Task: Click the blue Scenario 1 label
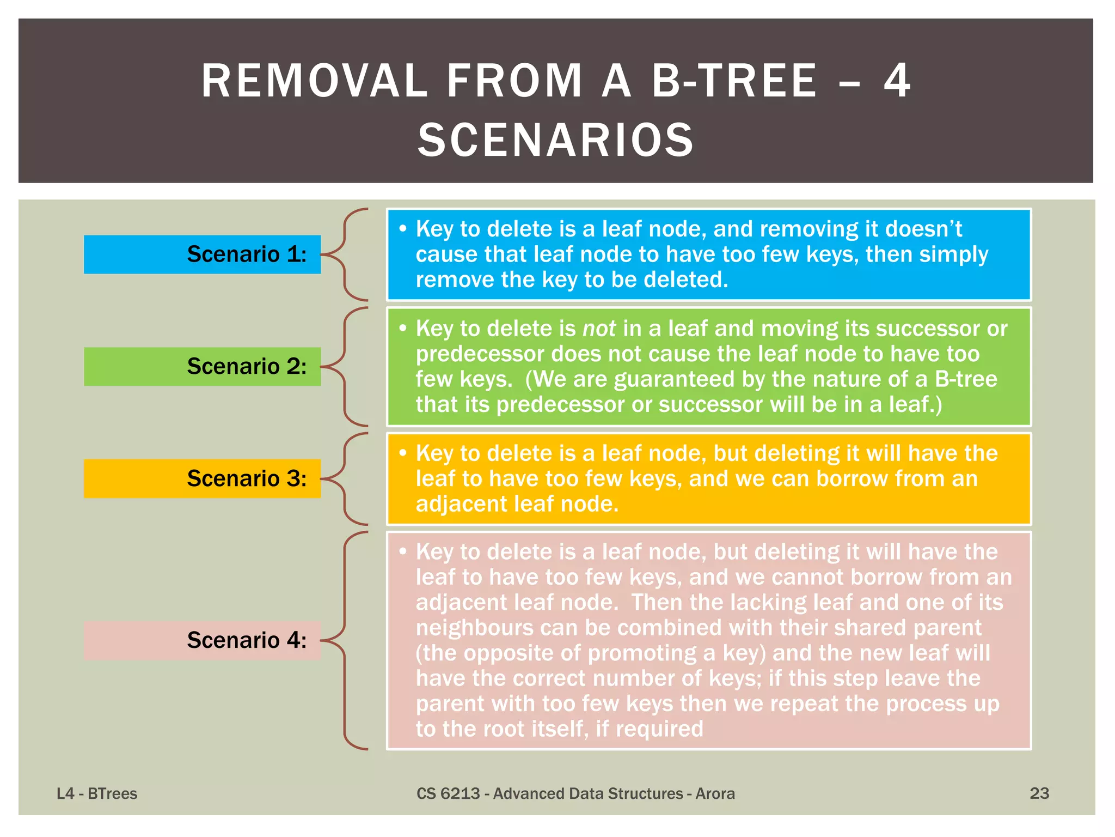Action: tap(202, 254)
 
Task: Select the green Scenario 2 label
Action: tap(202, 367)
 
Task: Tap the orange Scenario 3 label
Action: tap(202, 478)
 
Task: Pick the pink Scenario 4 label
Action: tap(202, 640)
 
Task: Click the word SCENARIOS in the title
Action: tap(556, 141)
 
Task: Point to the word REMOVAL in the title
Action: tap(315, 81)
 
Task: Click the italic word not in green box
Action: tap(599, 329)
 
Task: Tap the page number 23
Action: tap(1039, 793)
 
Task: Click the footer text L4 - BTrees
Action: tap(97, 793)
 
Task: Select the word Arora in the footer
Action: tap(715, 793)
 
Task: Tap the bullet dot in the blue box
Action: tap(403, 228)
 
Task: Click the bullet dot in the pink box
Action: tap(403, 551)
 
